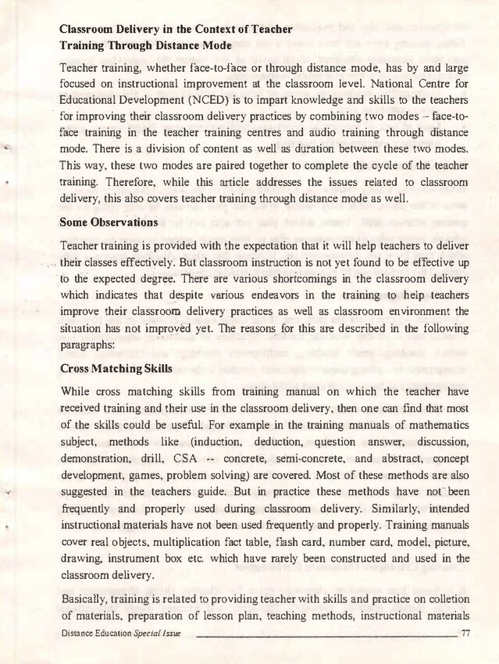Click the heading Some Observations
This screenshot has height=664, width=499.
tap(109, 223)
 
